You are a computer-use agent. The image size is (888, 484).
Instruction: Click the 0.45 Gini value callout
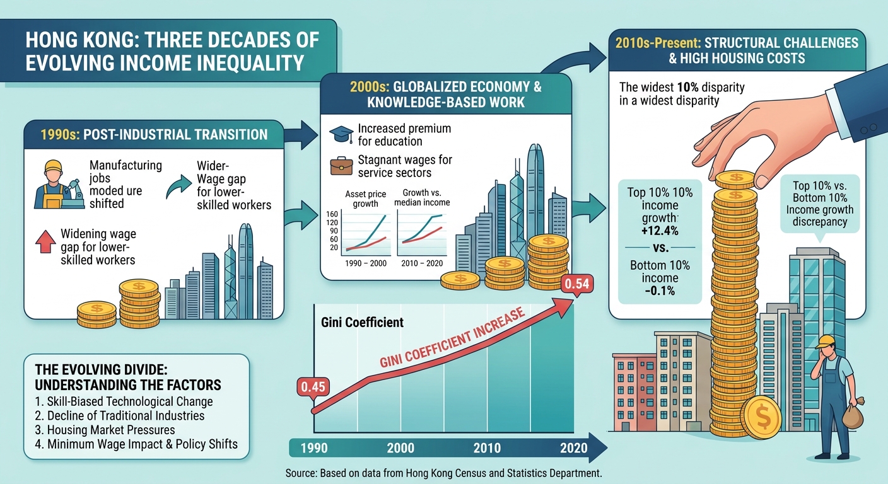click(313, 386)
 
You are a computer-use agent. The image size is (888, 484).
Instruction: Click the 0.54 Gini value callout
click(577, 284)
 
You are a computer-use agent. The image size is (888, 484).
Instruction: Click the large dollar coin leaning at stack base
click(761, 417)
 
